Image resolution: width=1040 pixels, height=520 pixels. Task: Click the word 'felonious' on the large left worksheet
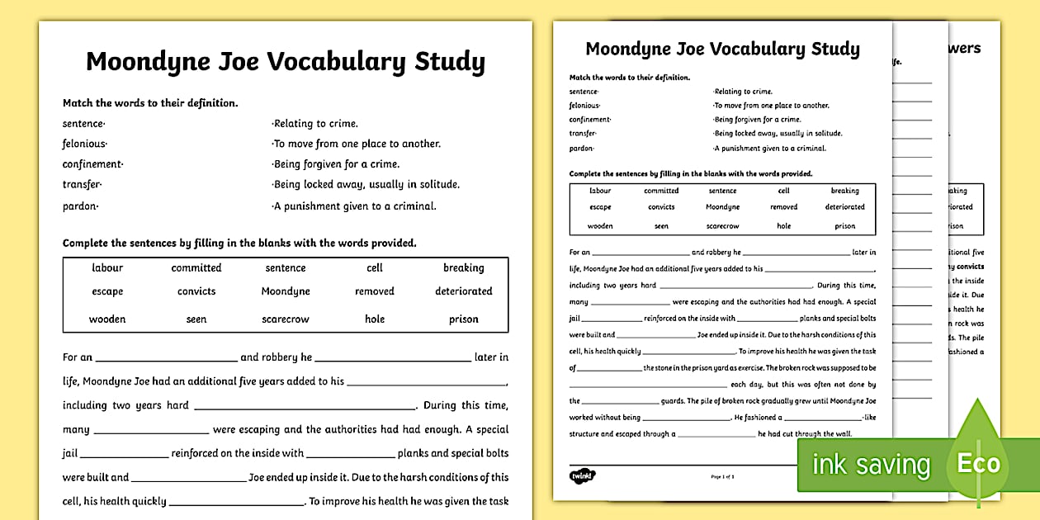point(84,144)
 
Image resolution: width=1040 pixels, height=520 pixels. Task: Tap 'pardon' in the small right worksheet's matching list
point(582,149)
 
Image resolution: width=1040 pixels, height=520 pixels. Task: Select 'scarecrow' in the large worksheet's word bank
point(285,319)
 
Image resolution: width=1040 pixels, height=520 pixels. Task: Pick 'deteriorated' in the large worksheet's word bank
point(463,291)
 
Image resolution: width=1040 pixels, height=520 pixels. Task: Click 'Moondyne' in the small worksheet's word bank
point(722,207)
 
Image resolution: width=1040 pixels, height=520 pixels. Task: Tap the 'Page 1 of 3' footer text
point(722,476)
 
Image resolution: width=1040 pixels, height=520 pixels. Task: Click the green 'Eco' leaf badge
point(978,463)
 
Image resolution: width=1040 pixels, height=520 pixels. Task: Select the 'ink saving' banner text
point(871,465)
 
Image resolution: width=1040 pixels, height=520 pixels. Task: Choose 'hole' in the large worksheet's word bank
point(375,319)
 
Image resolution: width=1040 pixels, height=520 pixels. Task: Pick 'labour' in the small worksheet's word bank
point(600,191)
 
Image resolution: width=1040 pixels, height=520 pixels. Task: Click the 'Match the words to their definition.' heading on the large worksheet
point(150,103)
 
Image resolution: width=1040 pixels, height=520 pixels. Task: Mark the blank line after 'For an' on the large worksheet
point(166,358)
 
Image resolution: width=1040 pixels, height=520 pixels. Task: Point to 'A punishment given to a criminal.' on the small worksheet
point(769,149)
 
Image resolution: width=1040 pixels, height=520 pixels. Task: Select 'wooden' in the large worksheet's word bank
point(107,319)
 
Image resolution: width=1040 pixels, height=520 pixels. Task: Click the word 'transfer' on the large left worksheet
point(82,185)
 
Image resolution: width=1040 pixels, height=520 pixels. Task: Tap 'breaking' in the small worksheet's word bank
point(844,191)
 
